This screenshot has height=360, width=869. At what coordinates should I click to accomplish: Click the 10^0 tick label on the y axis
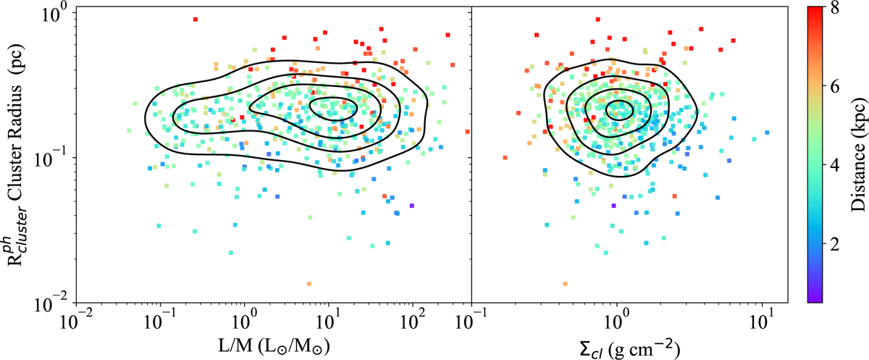(x=55, y=12)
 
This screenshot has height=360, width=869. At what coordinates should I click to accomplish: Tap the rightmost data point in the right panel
(x=767, y=132)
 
